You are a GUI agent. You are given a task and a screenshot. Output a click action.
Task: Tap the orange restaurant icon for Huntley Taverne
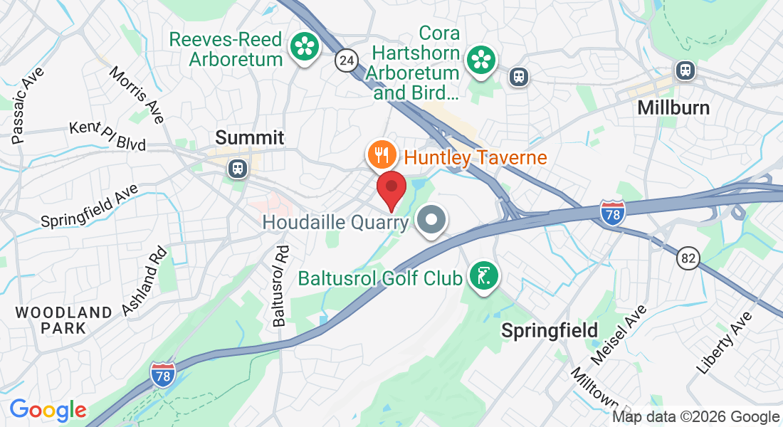(382, 154)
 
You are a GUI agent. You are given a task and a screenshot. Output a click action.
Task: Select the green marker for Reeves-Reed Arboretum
(305, 47)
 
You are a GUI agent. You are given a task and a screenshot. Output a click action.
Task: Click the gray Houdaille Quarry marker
(431, 221)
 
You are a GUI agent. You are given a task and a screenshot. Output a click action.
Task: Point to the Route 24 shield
(347, 60)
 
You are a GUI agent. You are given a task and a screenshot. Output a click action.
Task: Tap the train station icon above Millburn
(685, 70)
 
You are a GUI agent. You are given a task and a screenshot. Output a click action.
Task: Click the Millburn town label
(673, 107)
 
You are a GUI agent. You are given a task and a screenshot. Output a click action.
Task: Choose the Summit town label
(249, 137)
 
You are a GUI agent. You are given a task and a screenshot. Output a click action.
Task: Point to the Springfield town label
(549, 330)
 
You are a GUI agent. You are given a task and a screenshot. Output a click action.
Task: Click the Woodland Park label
(63, 320)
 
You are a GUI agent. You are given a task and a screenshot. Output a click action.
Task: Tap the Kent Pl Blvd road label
(107, 136)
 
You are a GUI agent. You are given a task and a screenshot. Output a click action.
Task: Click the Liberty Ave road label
(725, 343)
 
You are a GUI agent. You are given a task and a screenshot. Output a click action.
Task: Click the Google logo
(48, 410)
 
